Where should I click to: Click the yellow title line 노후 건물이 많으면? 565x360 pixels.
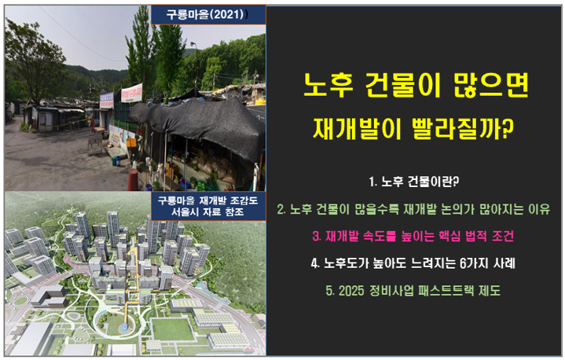[416, 86]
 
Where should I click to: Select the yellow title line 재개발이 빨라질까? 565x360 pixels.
[415, 128]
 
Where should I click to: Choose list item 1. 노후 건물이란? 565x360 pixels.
[414, 182]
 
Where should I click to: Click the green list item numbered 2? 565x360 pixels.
[415, 209]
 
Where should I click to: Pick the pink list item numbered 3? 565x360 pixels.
[415, 236]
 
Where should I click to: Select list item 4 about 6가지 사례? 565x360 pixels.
[415, 263]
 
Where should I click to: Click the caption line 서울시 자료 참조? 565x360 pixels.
[207, 213]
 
